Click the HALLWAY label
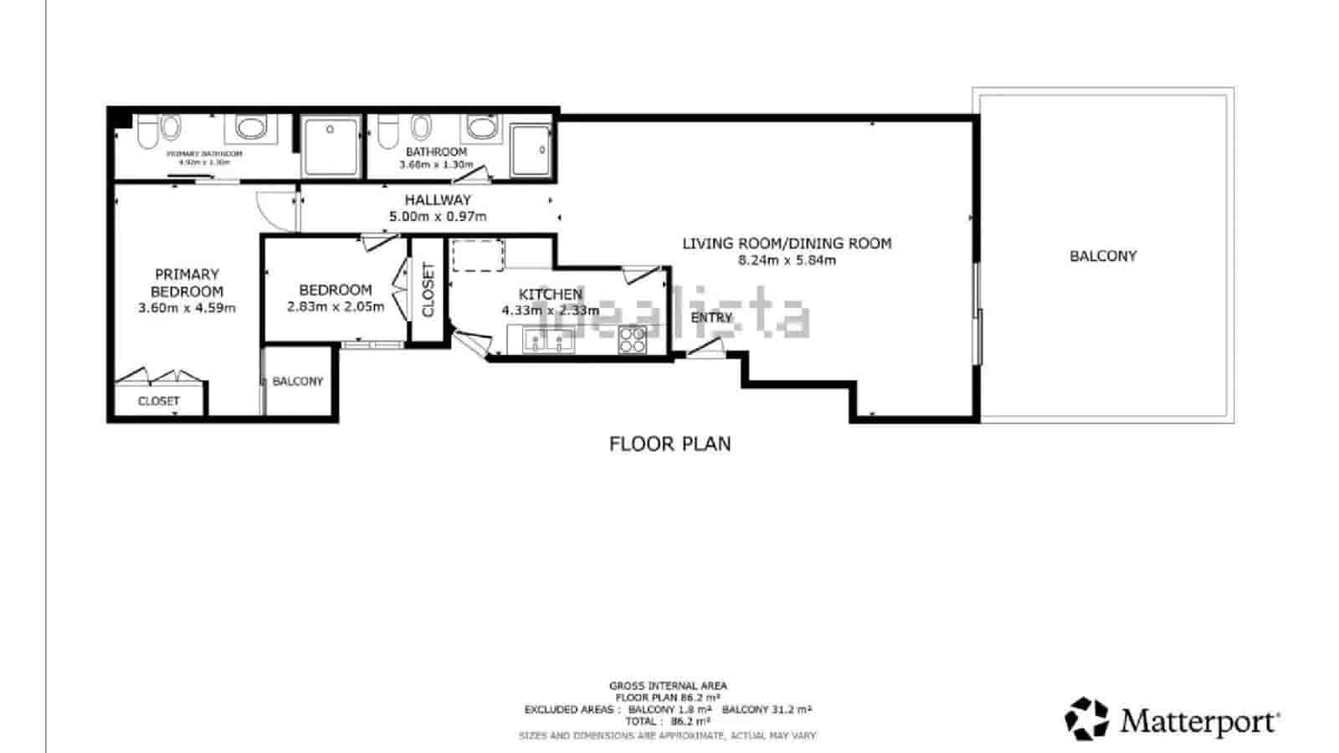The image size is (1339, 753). pyautogui.click(x=438, y=200)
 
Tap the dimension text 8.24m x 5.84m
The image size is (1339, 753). pyautogui.click(x=787, y=260)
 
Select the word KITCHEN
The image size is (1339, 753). pyautogui.click(x=550, y=295)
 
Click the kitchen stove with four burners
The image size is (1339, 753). pyautogui.click(x=633, y=340)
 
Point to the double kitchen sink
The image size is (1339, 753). pyautogui.click(x=548, y=341)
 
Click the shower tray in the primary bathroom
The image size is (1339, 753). pyautogui.click(x=331, y=146)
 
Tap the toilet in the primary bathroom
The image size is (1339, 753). pyautogui.click(x=149, y=132)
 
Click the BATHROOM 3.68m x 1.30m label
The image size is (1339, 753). pyautogui.click(x=436, y=157)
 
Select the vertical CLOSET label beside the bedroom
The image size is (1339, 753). pyautogui.click(x=428, y=289)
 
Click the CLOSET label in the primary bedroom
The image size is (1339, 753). pyautogui.click(x=159, y=402)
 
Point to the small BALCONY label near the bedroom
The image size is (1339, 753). pyautogui.click(x=297, y=382)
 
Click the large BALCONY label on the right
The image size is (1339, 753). pyautogui.click(x=1103, y=256)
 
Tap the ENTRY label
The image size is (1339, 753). pyautogui.click(x=711, y=318)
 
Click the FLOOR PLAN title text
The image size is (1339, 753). pyautogui.click(x=669, y=443)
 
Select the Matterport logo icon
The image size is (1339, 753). pyautogui.click(x=1086, y=719)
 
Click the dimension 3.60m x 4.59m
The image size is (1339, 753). pyautogui.click(x=187, y=308)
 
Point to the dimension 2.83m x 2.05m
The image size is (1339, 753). pyautogui.click(x=335, y=306)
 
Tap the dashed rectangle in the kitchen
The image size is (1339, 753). pyautogui.click(x=478, y=255)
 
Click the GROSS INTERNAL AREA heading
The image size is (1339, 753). pyautogui.click(x=668, y=686)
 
